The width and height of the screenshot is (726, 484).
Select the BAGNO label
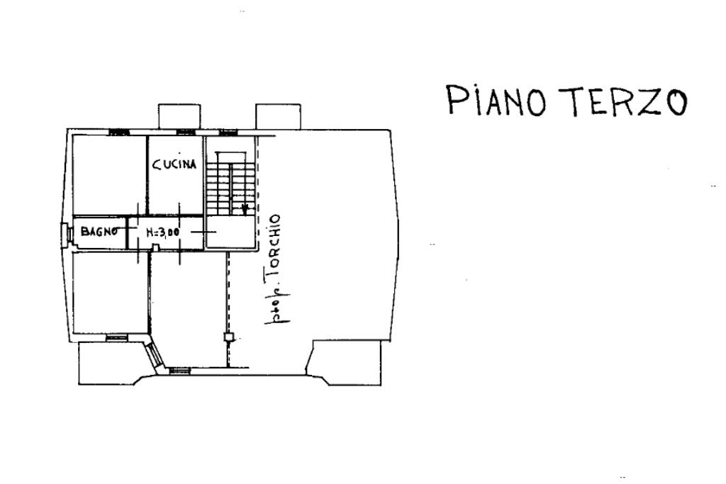tap(98, 230)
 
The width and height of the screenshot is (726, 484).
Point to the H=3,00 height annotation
tap(163, 231)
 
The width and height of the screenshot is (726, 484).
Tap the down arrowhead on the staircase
tap(244, 209)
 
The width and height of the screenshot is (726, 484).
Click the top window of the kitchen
tap(186, 132)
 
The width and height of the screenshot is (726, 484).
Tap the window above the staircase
tap(228, 132)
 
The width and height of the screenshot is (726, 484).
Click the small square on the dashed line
tap(228, 337)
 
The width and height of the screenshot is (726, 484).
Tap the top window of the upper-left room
tap(119, 132)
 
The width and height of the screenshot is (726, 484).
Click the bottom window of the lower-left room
tap(115, 338)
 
